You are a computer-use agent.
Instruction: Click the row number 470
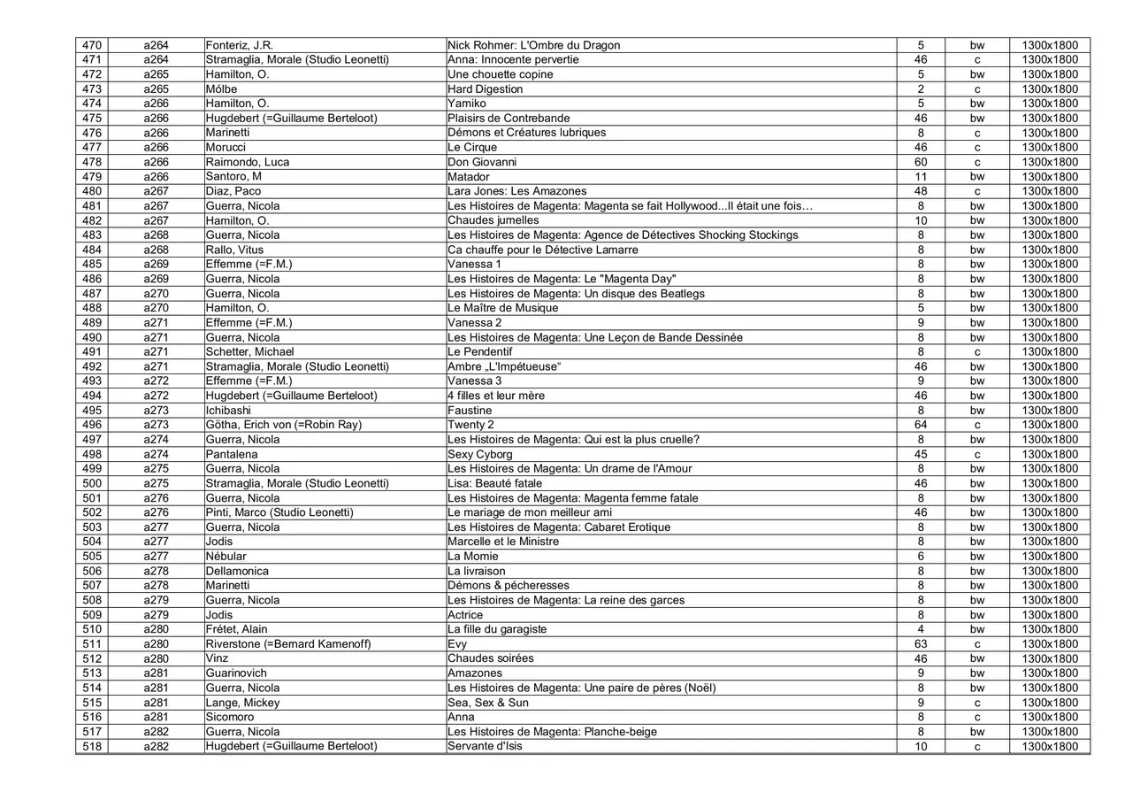tap(92, 45)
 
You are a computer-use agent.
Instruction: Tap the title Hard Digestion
tap(486, 89)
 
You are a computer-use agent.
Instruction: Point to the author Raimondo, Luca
tap(248, 162)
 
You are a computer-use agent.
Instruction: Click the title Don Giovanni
tap(482, 162)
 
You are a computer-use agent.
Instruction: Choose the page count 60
tap(921, 162)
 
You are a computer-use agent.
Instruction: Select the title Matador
tap(469, 177)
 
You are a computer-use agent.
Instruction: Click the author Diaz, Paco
tap(233, 191)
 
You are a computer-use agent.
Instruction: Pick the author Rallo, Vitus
tap(235, 250)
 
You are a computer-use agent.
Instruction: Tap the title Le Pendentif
tap(480, 352)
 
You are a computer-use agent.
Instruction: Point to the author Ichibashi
tap(228, 411)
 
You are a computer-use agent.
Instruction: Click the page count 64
tap(921, 425)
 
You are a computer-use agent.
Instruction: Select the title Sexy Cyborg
tap(480, 454)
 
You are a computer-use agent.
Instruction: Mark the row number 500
tap(92, 483)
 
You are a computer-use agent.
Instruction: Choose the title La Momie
tap(473, 557)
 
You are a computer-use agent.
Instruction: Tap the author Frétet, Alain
tap(237, 629)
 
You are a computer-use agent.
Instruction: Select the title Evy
tap(457, 644)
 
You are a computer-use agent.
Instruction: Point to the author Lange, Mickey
tap(243, 703)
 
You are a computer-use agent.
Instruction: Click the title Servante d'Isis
tap(486, 746)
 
